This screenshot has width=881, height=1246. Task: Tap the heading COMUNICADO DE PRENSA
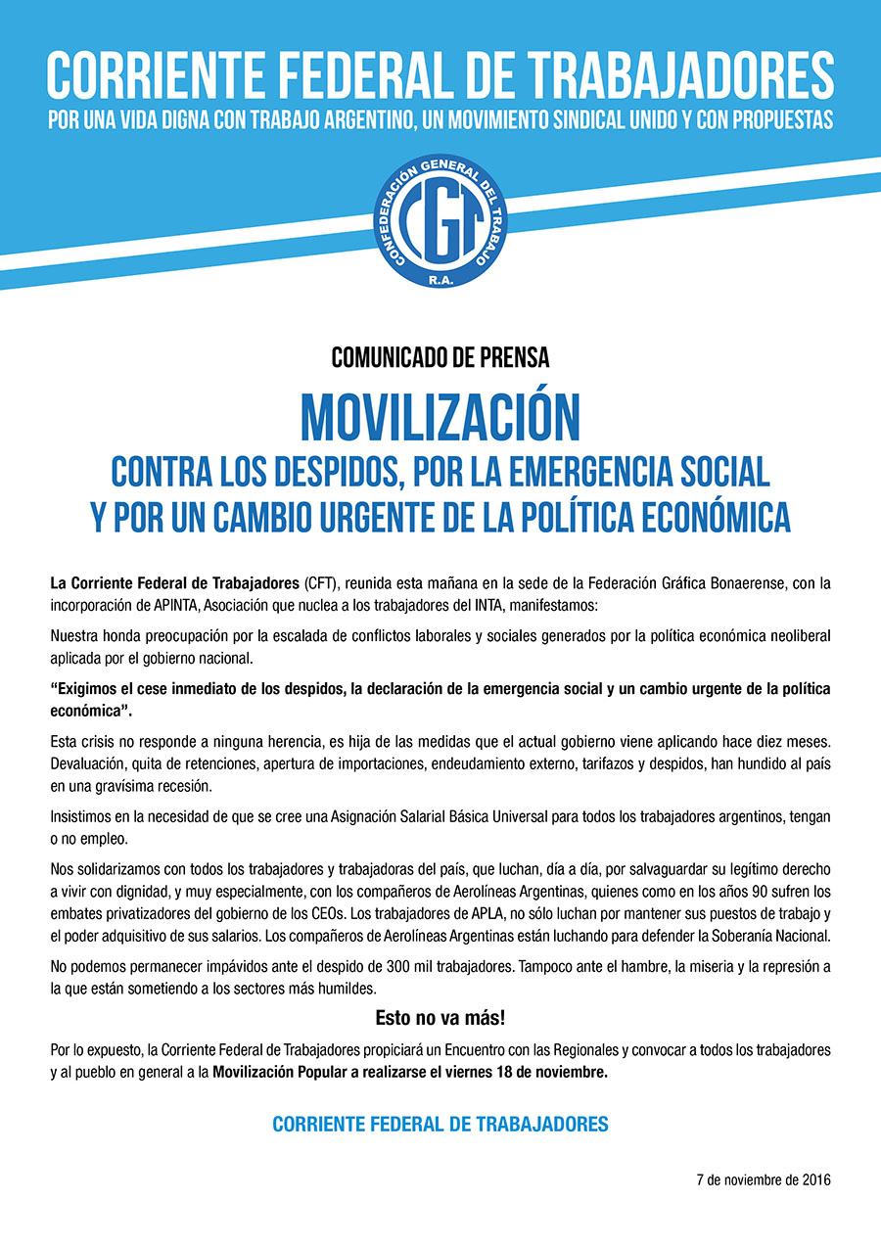tap(440, 358)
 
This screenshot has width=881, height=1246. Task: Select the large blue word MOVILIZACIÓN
tap(440, 418)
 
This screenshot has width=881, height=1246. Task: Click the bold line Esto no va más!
tap(440, 1018)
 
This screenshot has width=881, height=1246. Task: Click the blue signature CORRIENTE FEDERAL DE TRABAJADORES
tap(440, 1125)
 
